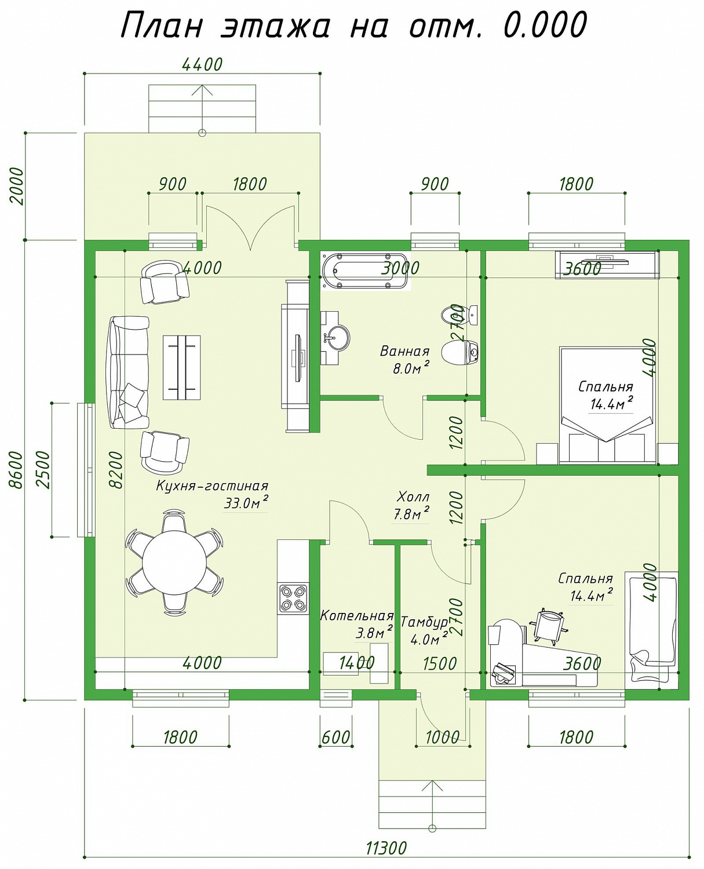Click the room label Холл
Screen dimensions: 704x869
click(x=413, y=497)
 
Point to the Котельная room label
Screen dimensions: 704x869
click(x=357, y=616)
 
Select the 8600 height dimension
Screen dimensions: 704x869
click(x=16, y=469)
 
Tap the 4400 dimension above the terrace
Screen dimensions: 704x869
click(x=202, y=64)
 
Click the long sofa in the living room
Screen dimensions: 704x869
click(x=127, y=372)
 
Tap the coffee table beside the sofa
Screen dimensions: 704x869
click(x=181, y=368)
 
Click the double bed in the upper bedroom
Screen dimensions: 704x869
click(x=607, y=406)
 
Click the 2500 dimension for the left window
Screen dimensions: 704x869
click(x=43, y=470)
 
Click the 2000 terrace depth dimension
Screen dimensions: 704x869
click(x=17, y=186)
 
